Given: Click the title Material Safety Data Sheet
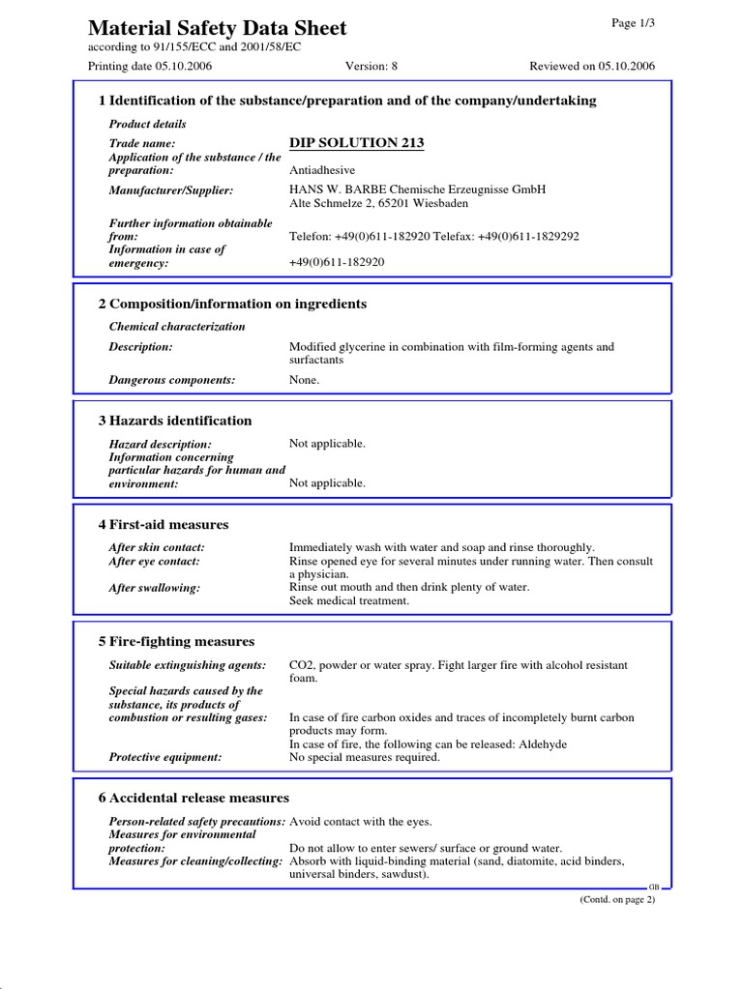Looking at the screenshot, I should pos(217,28).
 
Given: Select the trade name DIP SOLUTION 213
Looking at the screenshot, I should pos(356,143).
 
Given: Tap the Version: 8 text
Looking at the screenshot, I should pos(371,66).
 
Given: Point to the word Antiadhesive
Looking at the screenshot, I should pos(321,170).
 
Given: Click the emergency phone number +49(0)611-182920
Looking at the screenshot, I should pos(337,262).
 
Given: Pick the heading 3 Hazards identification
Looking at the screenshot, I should pos(175,421).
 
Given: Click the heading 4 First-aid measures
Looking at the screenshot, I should pos(163,524).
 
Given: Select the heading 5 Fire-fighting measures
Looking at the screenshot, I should pos(176,641).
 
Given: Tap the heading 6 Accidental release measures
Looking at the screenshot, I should pos(193,798).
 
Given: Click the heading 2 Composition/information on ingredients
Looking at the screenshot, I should pos(232,304).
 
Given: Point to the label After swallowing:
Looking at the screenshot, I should pos(155,587).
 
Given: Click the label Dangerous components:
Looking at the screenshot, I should pos(172,380).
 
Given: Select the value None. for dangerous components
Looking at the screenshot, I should pos(304,380).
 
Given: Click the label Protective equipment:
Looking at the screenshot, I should pos(165,757).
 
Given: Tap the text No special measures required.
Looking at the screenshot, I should pos(365,757).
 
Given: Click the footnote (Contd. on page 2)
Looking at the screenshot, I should pos(617,899).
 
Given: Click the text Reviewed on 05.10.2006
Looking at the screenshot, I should pos(592,66).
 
